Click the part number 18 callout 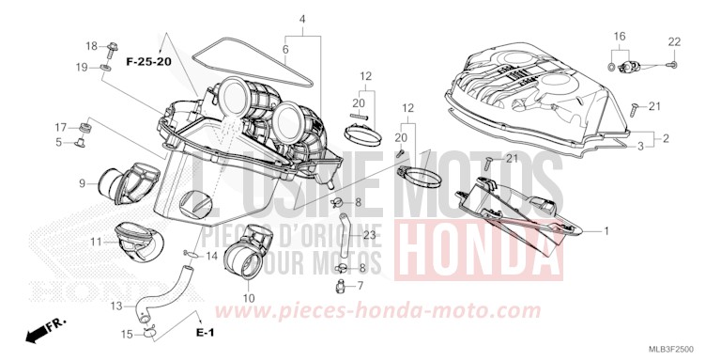point(92,46)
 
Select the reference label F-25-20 point(151,61)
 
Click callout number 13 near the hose point(116,306)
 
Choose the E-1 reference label point(206,334)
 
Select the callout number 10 point(249,298)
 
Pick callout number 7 point(360,285)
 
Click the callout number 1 point(606,230)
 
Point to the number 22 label point(673,41)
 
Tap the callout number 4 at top point(302,19)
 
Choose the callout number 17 point(59,127)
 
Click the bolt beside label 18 point(112,46)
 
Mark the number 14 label point(213,256)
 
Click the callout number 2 point(666,138)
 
